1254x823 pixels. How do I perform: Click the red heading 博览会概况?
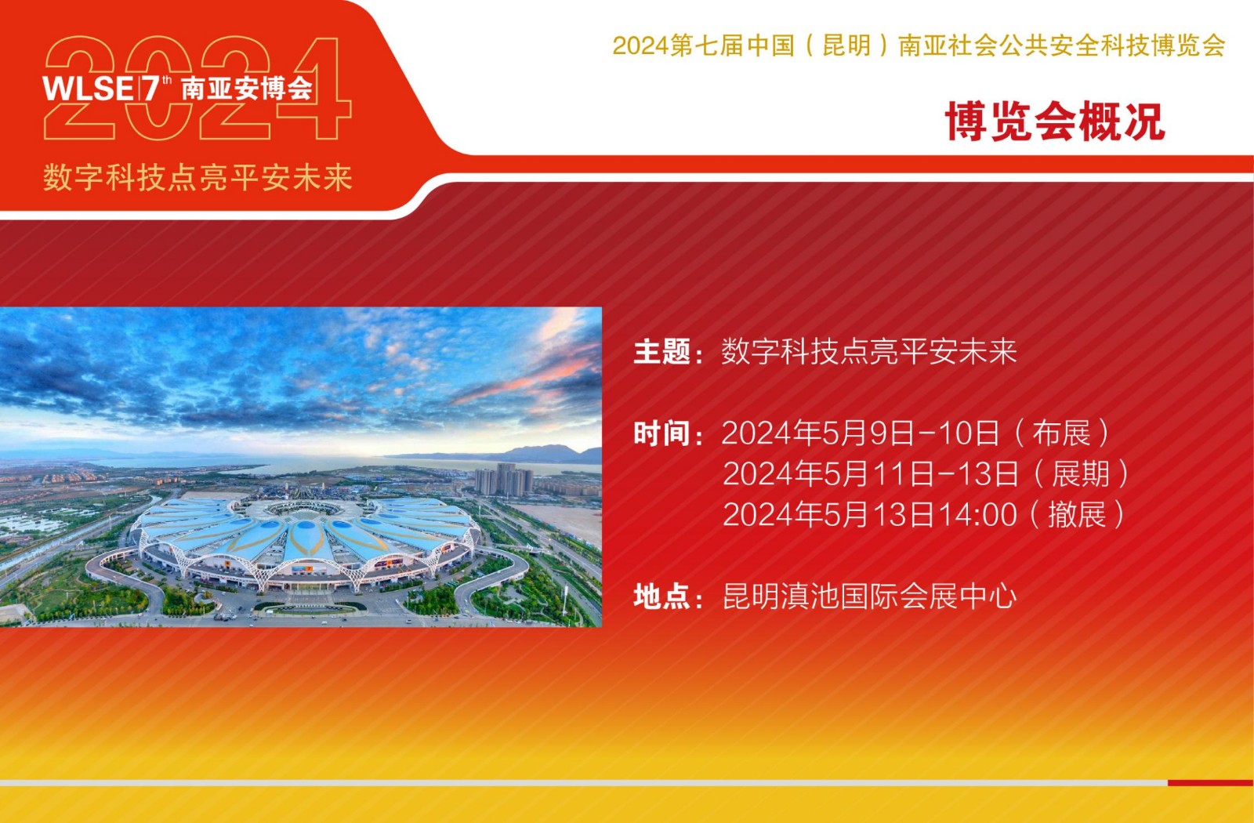point(1055,121)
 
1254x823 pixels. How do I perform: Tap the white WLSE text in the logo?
point(87,89)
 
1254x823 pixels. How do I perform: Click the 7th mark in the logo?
point(157,89)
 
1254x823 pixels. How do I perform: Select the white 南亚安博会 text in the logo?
point(247,88)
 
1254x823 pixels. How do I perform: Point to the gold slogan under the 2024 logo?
point(198,178)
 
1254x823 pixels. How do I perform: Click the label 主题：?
point(668,352)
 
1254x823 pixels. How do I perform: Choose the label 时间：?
point(668,434)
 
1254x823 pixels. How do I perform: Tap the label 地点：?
point(668,596)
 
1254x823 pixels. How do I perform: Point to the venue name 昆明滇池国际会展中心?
point(869,596)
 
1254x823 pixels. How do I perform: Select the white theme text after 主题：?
point(869,352)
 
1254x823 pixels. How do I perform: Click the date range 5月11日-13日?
point(921,474)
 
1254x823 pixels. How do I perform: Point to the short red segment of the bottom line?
point(1210,783)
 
